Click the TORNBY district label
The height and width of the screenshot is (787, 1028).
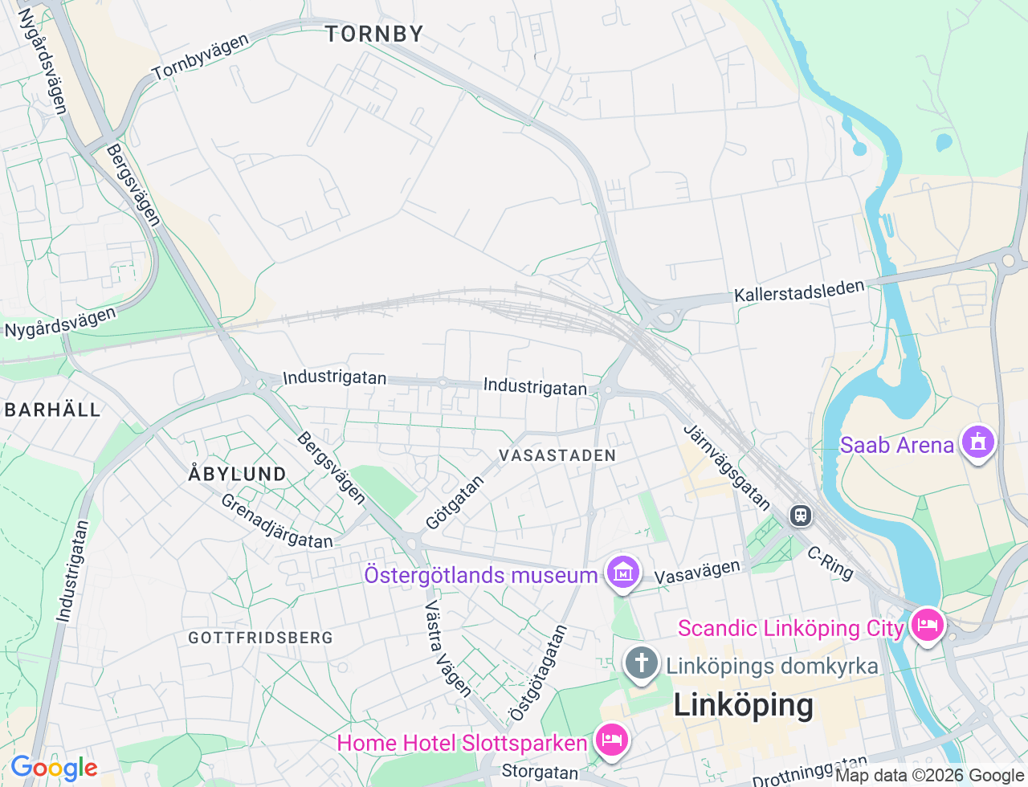click(x=374, y=34)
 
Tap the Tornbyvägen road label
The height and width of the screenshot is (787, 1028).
click(x=201, y=57)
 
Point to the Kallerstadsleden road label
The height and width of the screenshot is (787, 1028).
click(x=799, y=291)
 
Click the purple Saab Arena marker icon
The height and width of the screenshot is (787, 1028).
click(x=977, y=442)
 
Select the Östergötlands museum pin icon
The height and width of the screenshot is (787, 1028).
click(x=623, y=573)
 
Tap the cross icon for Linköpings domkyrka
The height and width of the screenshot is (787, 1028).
click(x=641, y=664)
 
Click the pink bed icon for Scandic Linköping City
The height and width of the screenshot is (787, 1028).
click(x=928, y=625)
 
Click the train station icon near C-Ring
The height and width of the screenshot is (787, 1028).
click(x=800, y=515)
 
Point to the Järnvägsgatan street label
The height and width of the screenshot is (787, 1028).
click(x=727, y=467)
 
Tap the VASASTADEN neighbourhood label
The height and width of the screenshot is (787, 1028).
click(x=557, y=455)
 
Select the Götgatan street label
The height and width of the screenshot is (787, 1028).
click(x=455, y=503)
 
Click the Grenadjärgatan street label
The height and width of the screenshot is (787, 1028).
click(x=276, y=521)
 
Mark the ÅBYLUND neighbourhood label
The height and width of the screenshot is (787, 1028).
click(x=238, y=474)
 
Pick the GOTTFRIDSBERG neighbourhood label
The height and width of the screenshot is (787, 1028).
click(x=260, y=638)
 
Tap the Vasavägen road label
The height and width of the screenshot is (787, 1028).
click(x=697, y=573)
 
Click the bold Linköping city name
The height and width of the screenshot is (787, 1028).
click(x=743, y=705)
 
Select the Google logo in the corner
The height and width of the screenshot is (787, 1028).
click(x=54, y=769)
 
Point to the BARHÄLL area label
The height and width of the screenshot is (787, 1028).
click(x=53, y=410)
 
